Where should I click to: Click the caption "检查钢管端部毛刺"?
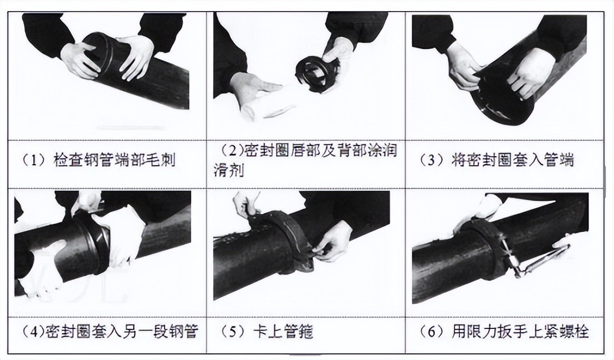114,160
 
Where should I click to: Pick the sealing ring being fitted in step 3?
499,100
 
